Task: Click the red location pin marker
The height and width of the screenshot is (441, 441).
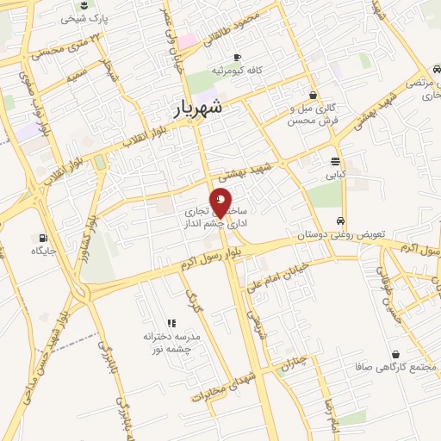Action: pos(221,201)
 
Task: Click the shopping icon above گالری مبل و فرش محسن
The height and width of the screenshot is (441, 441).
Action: pos(312,96)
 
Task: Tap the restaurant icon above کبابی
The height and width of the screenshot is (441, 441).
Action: pos(335,161)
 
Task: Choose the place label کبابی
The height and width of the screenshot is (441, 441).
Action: pos(335,175)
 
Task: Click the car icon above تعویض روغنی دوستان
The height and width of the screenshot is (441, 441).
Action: pos(342,220)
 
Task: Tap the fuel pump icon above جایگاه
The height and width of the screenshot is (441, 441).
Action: pos(42,237)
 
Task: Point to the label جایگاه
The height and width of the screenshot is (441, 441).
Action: pos(43,251)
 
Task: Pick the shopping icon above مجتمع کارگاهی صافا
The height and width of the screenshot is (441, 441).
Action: pos(395,354)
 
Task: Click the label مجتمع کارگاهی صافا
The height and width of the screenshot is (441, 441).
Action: pos(395,367)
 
